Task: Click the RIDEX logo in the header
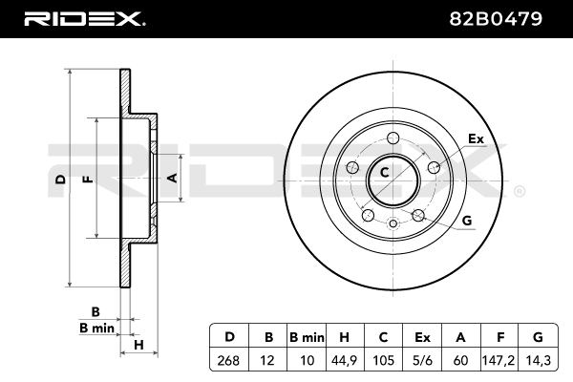coord(85,18)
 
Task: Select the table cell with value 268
coord(229,362)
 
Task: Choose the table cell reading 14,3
coord(537,362)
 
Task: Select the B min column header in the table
coord(307,337)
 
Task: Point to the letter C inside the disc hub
coord(385,173)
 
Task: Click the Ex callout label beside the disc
coord(476,139)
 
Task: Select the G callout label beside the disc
coord(467,221)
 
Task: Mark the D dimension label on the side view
coord(59,179)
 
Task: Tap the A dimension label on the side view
coord(172,178)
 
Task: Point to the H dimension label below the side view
coord(138,344)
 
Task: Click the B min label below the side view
coord(96,328)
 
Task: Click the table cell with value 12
coord(267,362)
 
